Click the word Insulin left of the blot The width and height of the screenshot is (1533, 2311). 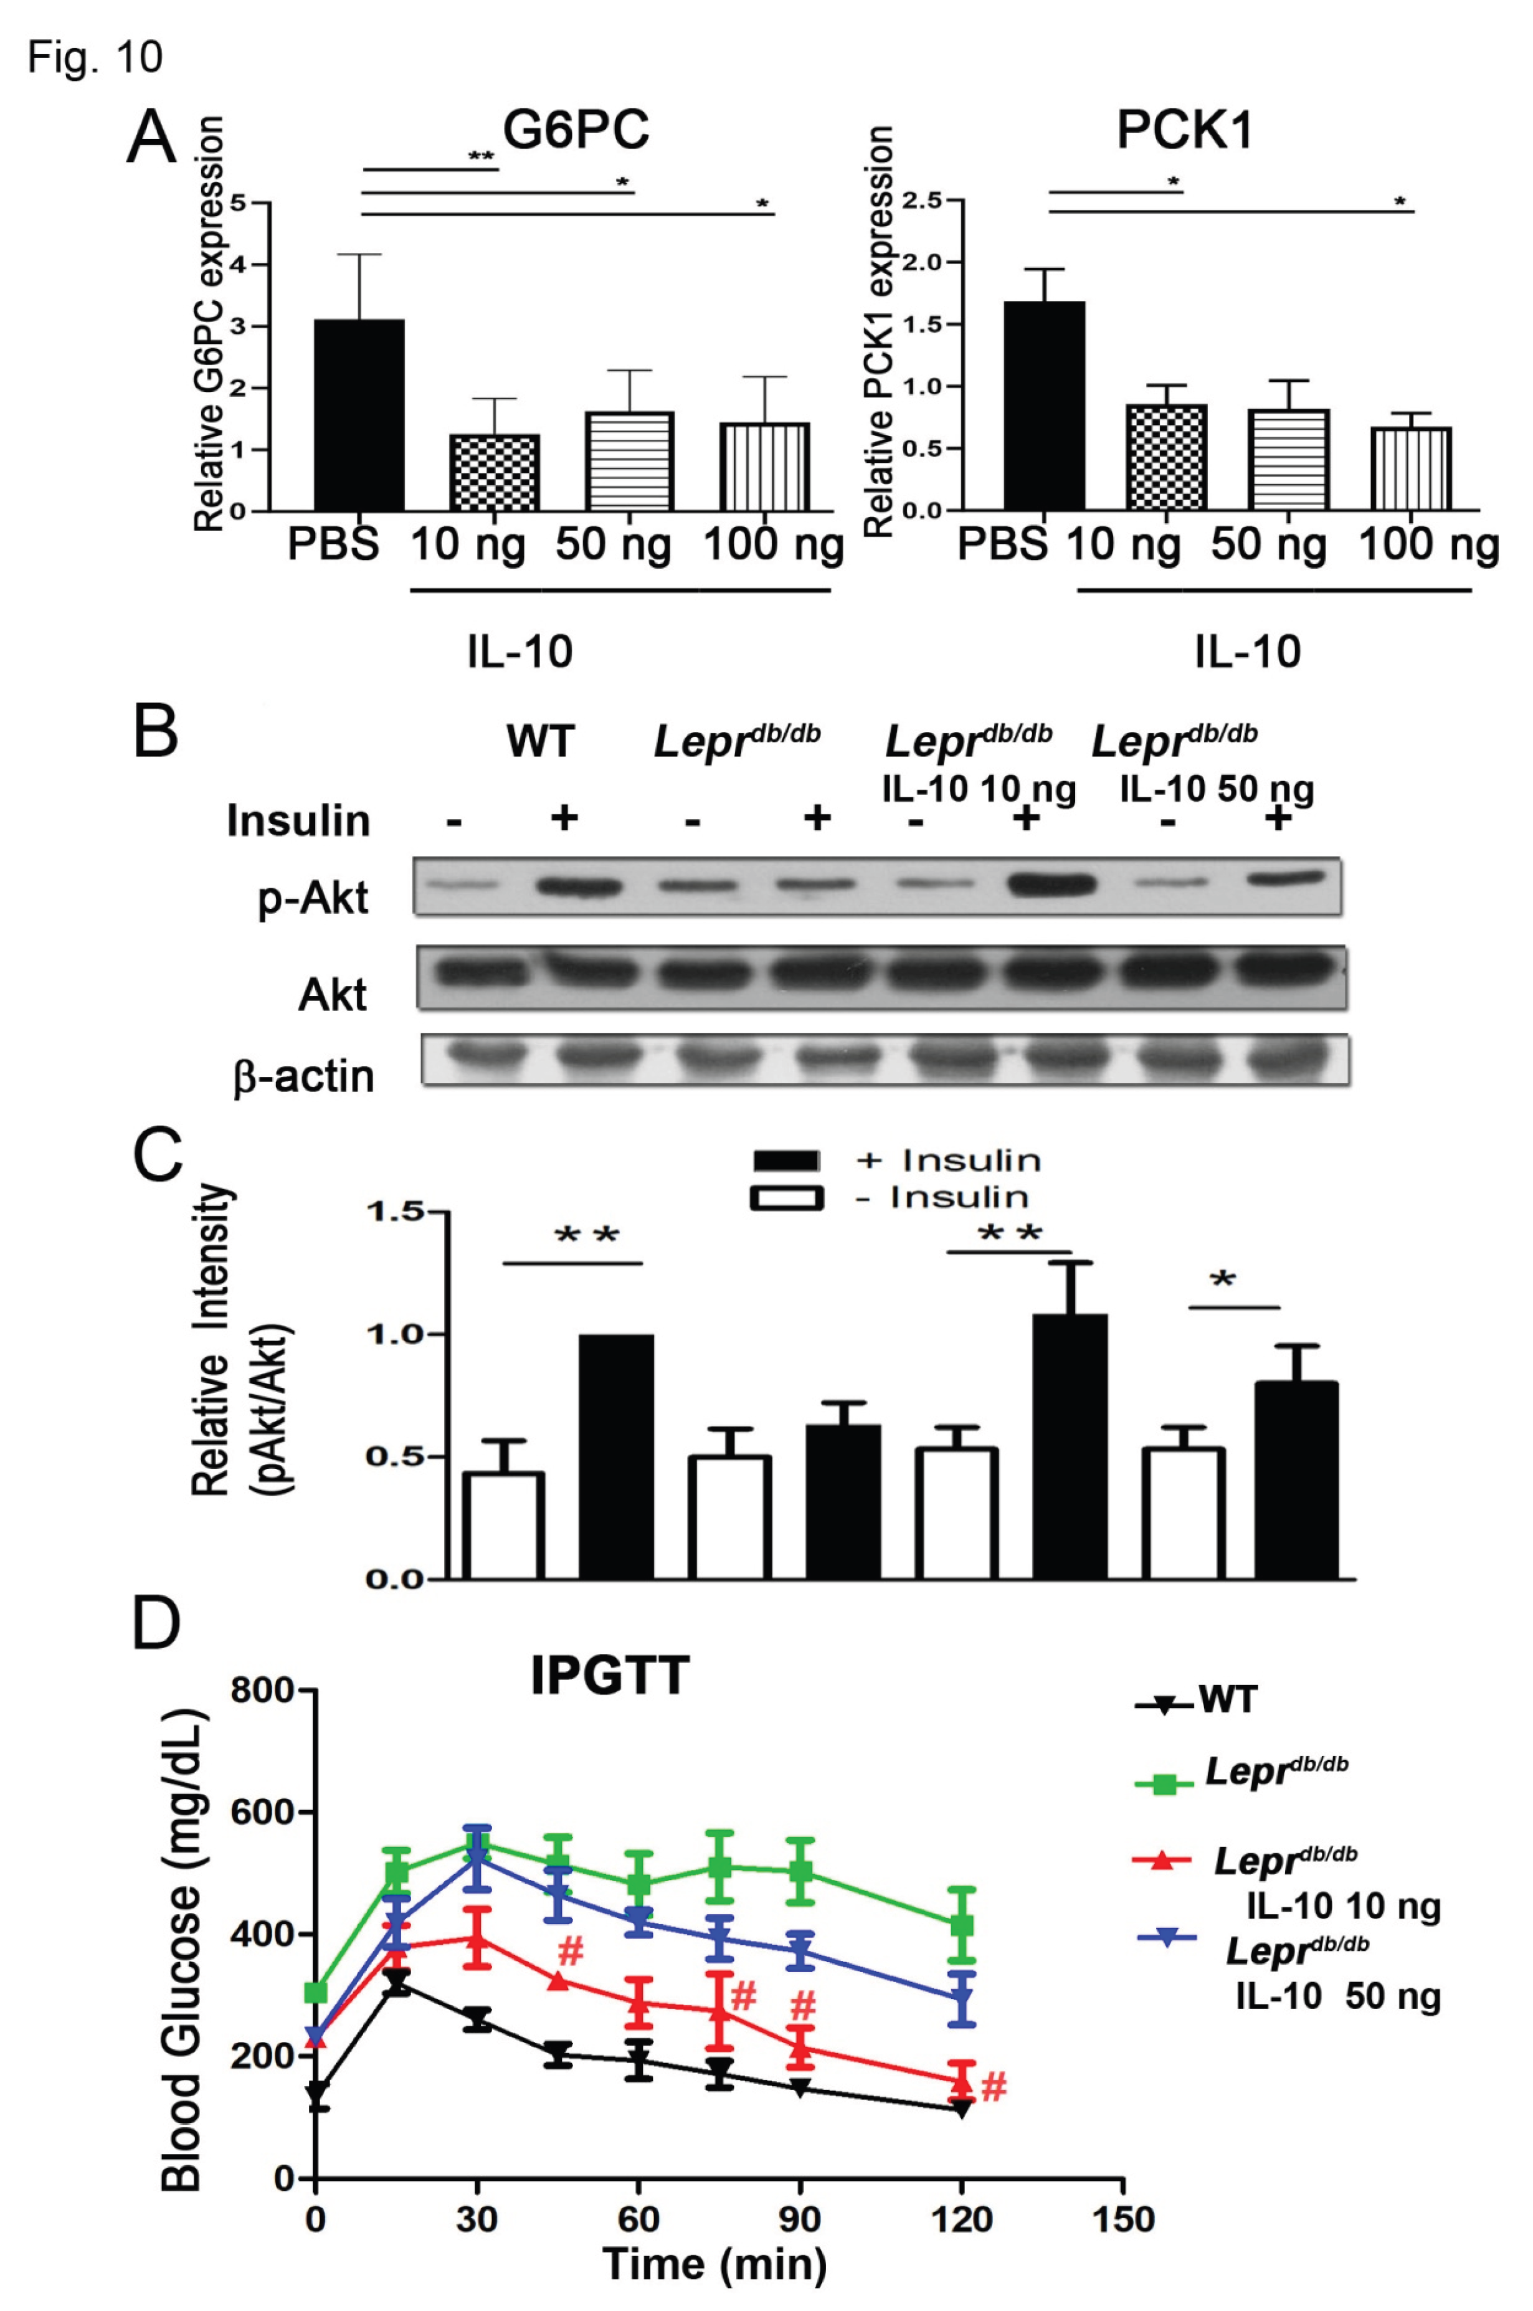298,821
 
